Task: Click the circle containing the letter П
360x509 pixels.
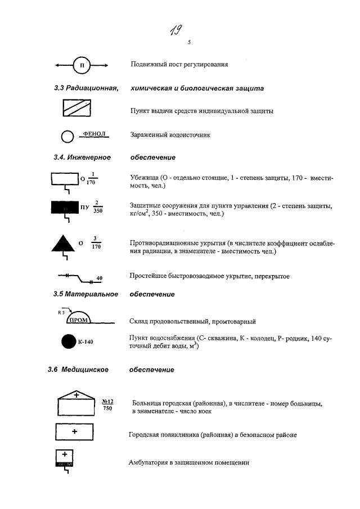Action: pyautogui.click(x=82, y=65)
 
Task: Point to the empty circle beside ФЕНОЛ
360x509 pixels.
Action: pyautogui.click(x=67, y=136)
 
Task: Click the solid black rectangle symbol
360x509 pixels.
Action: pyautogui.click(x=66, y=208)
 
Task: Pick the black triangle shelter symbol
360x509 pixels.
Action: pyautogui.click(x=63, y=242)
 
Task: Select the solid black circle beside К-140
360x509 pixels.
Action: pyautogui.click(x=68, y=341)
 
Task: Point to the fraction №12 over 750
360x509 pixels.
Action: pyautogui.click(x=107, y=404)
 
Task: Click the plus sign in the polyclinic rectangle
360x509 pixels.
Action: pyautogui.click(x=75, y=431)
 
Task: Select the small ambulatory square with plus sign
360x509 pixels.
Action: pyautogui.click(x=64, y=458)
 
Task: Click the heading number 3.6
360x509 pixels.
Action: pyautogui.click(x=55, y=370)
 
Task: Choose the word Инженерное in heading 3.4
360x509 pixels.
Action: pyautogui.click(x=89, y=157)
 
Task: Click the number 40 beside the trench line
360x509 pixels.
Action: pyautogui.click(x=99, y=278)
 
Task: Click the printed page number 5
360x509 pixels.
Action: pyautogui.click(x=189, y=42)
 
